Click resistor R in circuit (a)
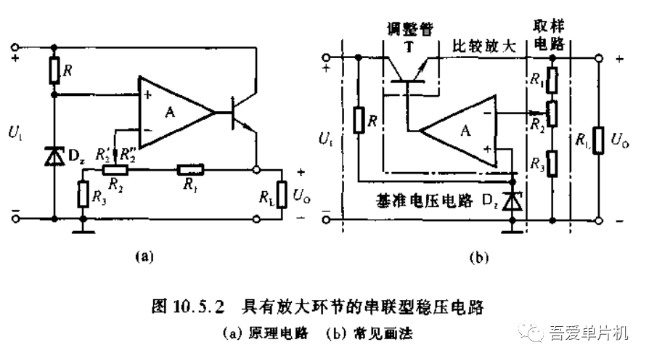54,70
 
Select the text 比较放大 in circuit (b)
484,46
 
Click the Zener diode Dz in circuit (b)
513,200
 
